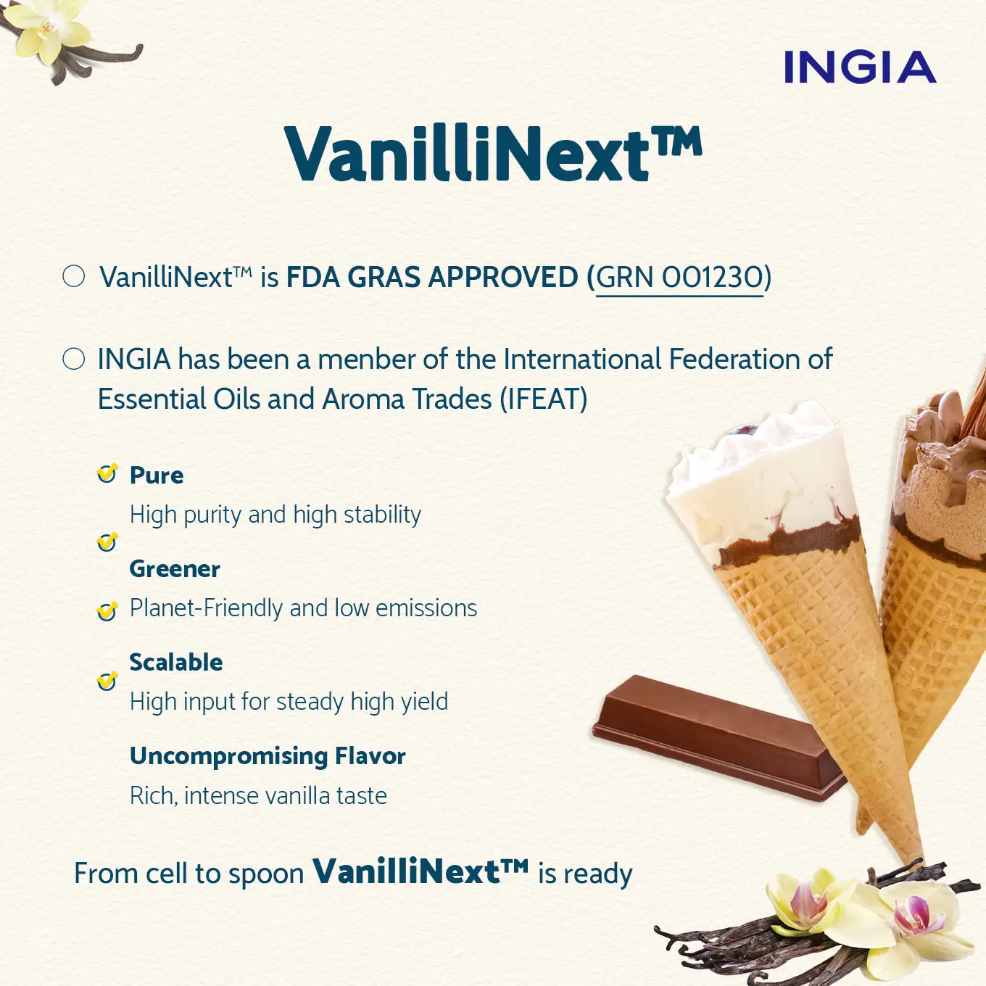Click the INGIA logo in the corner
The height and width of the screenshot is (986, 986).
pos(859,67)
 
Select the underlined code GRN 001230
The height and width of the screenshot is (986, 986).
pos(679,278)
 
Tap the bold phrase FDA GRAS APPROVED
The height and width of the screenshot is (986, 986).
pos(432,278)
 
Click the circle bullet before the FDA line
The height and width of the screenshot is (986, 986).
pos(74,276)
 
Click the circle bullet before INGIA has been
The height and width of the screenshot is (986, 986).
pos(74,359)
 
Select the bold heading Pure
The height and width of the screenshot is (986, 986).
pos(157,476)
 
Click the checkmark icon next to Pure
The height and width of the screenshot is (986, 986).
pos(107,474)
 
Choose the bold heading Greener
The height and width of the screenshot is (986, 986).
pos(175,569)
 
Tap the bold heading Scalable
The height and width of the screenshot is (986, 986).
pos(176,663)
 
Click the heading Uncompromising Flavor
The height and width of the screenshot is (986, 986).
pos(268,756)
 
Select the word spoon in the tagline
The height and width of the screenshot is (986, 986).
pos(266,874)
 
